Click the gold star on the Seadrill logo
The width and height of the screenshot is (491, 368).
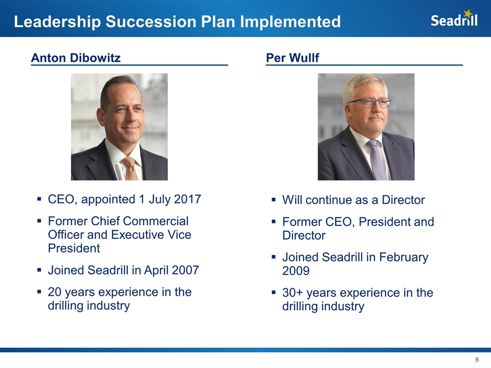[468, 13]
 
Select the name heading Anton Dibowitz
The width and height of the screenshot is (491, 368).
[76, 58]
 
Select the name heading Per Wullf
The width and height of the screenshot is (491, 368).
[293, 58]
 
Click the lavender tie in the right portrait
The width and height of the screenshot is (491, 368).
[377, 159]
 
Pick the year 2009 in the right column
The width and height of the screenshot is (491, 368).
[296, 271]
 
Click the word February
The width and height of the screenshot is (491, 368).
[404, 258]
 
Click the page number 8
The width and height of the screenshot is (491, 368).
[477, 359]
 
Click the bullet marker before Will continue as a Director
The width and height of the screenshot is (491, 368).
[274, 199]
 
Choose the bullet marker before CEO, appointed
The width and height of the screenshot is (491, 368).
[39, 199]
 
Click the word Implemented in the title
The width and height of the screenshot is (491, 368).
[291, 21]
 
